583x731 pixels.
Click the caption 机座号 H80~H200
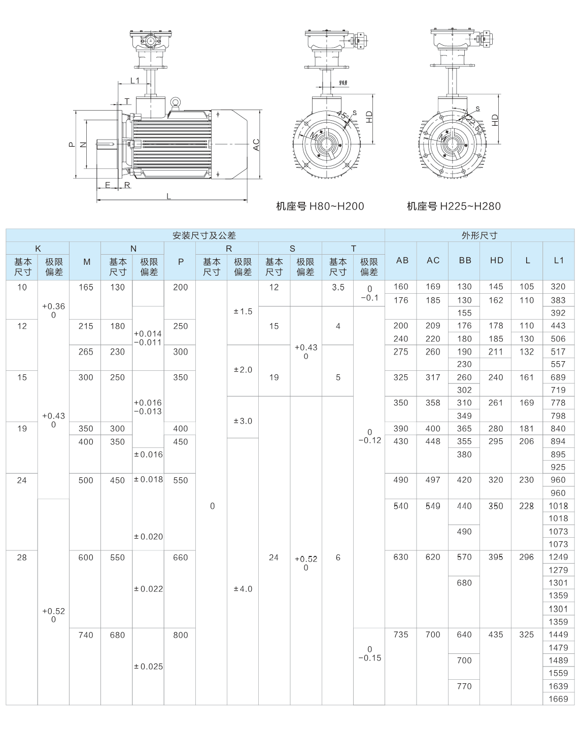click(320, 206)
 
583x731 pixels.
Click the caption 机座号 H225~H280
click(454, 206)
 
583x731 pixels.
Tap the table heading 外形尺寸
click(479, 235)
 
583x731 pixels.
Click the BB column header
click(465, 260)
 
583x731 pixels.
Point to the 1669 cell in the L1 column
click(558, 699)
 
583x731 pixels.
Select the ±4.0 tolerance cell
click(243, 589)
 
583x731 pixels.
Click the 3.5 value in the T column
click(338, 288)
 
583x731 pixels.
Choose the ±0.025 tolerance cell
click(148, 667)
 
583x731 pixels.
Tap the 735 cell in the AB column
click(401, 635)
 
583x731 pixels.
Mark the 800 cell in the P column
click(181, 635)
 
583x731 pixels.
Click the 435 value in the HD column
click(496, 635)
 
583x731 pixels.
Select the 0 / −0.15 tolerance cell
click(369, 653)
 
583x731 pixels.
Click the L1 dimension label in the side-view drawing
click(134, 80)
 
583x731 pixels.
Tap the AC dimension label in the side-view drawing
click(256, 145)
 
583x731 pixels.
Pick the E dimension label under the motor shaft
click(108, 185)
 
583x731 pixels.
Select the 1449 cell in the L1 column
click(558, 635)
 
